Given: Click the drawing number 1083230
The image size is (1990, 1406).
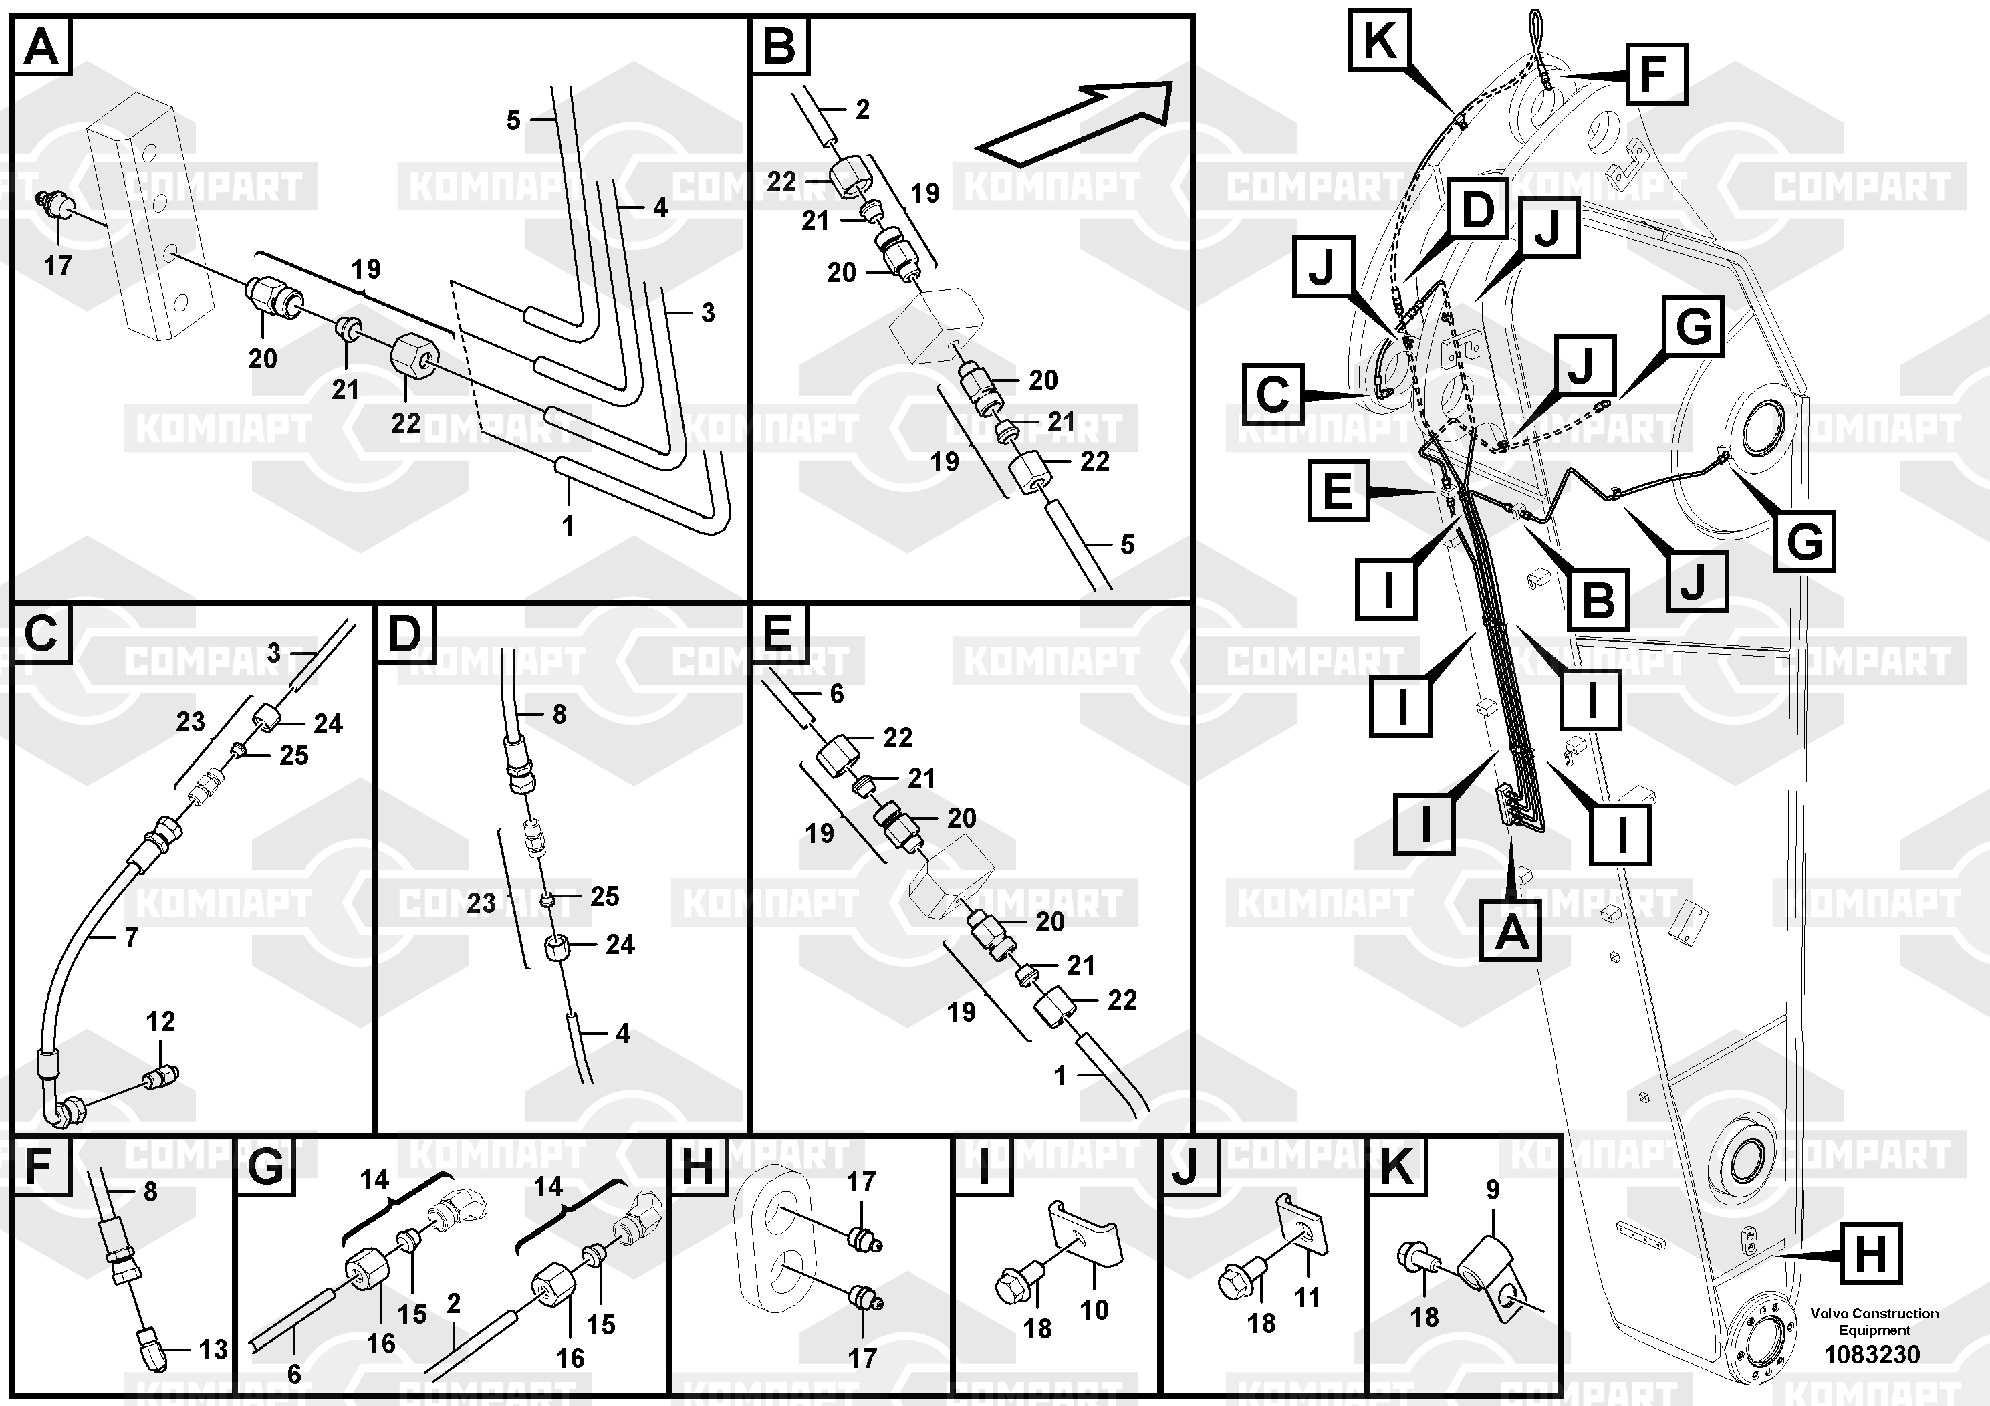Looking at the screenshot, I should coord(1872,1354).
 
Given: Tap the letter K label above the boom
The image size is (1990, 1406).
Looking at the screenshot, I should coord(1380,40).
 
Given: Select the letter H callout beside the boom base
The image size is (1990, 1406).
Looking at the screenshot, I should coord(1870,1254).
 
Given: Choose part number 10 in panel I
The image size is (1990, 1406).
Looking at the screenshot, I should coord(1094,1309).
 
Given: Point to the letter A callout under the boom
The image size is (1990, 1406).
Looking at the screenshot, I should coord(1510,932).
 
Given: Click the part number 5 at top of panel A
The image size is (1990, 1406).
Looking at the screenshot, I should coord(513,120).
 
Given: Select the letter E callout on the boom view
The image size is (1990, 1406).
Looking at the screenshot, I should coord(1338,491).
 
